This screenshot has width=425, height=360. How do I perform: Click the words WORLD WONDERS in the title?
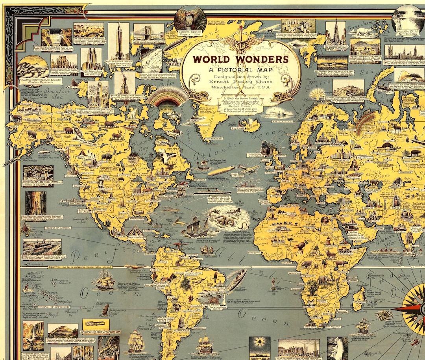coord(240,59)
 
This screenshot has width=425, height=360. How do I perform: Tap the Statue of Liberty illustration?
coord(124,82)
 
